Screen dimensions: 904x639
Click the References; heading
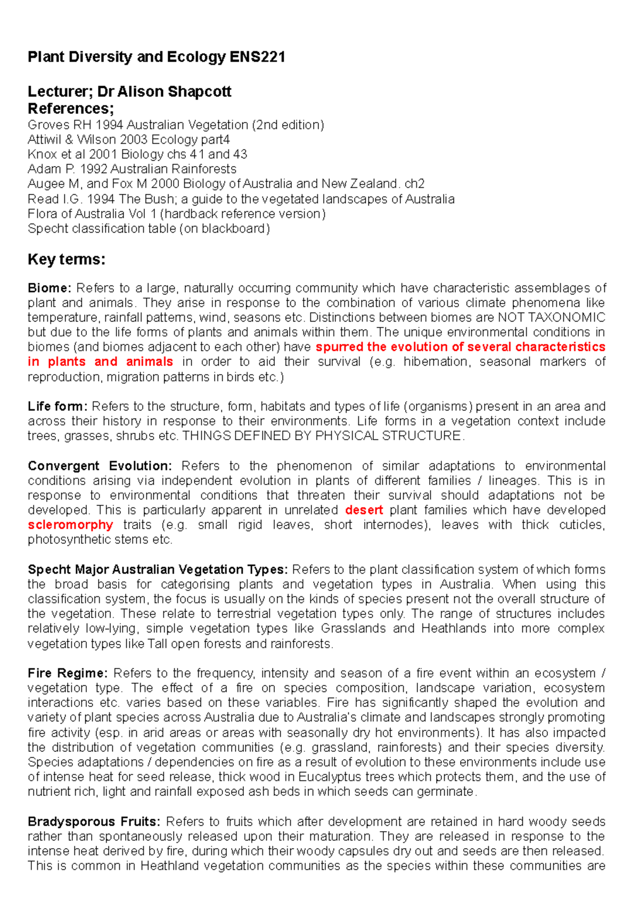tap(70, 109)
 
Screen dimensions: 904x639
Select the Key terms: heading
tap(66, 259)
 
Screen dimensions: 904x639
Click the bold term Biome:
tap(49, 288)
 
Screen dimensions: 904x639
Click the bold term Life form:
tap(57, 407)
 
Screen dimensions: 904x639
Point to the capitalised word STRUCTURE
tap(423, 436)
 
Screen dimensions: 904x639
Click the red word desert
tap(364, 510)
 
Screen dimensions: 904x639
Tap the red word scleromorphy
tap(70, 525)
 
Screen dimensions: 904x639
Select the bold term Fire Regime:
tap(68, 673)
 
